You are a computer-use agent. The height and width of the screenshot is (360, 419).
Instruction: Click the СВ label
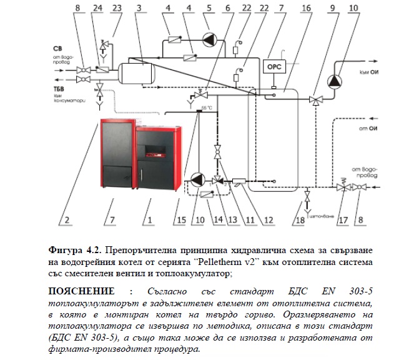(x=57, y=47)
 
